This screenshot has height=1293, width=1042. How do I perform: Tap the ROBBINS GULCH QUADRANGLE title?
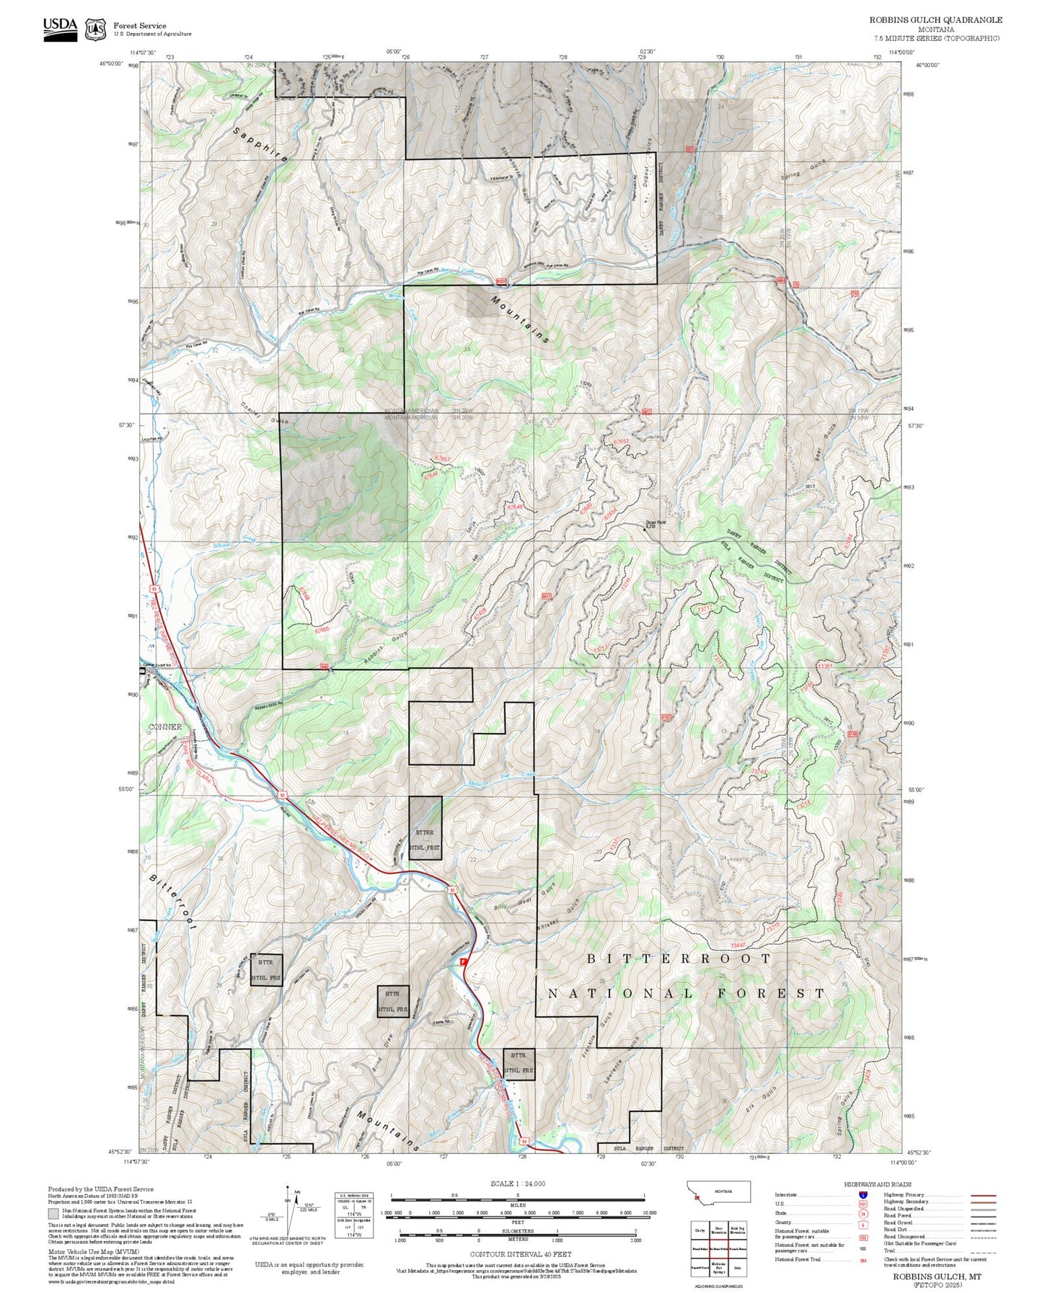click(x=935, y=19)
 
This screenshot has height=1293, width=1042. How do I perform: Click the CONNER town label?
click(x=165, y=727)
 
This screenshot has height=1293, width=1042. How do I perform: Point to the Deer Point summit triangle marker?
click(x=645, y=529)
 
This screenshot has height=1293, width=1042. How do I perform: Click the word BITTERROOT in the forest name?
click(x=679, y=959)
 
